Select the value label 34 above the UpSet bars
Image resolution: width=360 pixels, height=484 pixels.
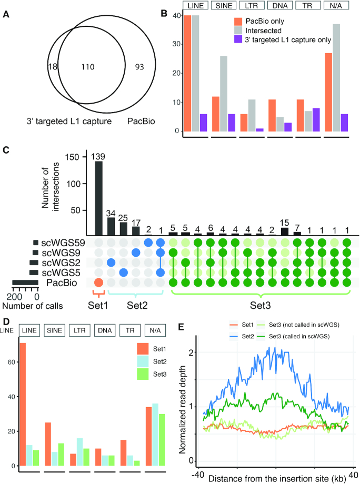pos(111,214)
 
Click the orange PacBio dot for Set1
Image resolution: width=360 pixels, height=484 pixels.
pos(98,283)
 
